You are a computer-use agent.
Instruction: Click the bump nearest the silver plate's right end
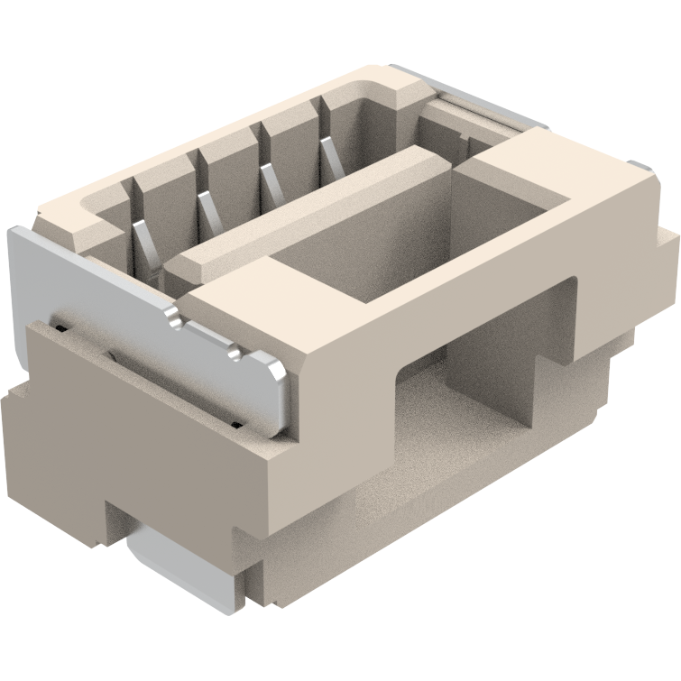tap(236, 354)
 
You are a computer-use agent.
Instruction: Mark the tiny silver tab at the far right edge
tap(642, 167)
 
